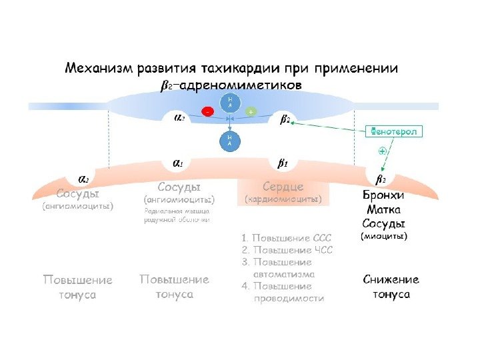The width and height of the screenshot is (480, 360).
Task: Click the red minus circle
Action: pyautogui.click(x=209, y=112)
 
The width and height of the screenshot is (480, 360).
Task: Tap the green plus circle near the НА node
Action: pyautogui.click(x=251, y=112)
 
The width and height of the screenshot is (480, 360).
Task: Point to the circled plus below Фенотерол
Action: pyautogui.click(x=382, y=151)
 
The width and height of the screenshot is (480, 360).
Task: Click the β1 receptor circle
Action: pyautogui.click(x=283, y=163)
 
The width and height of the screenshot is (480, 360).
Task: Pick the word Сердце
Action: pyautogui.click(x=283, y=186)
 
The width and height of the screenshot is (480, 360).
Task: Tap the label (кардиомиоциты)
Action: pyautogui.click(x=283, y=199)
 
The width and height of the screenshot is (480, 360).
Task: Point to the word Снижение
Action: pyautogui.click(x=391, y=280)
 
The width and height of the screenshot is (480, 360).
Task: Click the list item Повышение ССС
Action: pyautogui.click(x=287, y=238)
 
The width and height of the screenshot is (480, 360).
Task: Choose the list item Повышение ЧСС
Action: pyautogui.click(x=287, y=251)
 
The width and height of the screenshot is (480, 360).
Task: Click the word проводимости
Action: pyautogui.click(x=289, y=299)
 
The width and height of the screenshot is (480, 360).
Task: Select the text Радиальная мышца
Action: pyautogui.click(x=177, y=211)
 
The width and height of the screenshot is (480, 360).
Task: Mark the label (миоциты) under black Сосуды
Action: pyautogui.click(x=384, y=236)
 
